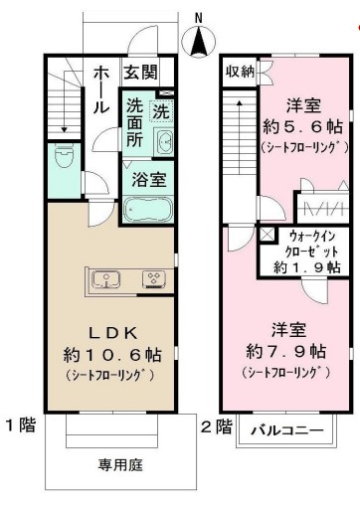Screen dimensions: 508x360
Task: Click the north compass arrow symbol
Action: [201, 41]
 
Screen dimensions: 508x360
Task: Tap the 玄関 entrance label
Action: [139, 72]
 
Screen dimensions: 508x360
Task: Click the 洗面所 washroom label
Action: [135, 120]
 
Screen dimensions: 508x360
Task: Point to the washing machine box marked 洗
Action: [161, 109]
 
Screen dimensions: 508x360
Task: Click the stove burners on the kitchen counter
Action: [154, 279]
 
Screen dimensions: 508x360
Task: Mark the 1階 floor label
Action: [21, 425]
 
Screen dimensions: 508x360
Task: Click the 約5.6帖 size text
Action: [298, 126]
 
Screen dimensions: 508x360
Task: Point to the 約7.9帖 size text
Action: [282, 350]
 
